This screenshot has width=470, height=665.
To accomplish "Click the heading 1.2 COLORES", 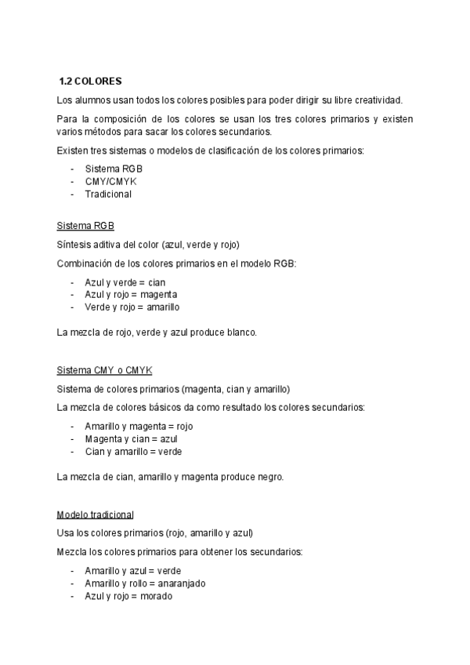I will point(90,81).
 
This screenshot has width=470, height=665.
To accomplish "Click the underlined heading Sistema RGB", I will point(85,226).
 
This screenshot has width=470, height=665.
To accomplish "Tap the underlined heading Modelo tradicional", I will point(95,514).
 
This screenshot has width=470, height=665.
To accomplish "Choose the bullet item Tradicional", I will point(108,194).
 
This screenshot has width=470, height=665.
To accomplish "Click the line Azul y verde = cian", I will point(125,282).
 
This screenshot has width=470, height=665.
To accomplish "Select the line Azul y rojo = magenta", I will point(130,295).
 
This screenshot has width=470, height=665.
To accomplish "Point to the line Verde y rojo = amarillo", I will point(132,307).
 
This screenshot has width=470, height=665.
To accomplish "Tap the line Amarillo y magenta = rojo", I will point(139,427).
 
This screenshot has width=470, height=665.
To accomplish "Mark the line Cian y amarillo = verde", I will point(133,452).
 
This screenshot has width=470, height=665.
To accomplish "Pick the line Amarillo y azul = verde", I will point(132,571).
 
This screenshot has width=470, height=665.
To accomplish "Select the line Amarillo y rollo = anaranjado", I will point(145,583).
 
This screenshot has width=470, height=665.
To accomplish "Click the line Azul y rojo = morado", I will point(128,596).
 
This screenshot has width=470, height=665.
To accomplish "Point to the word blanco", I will point(240,332).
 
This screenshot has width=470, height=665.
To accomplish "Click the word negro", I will point(269,477).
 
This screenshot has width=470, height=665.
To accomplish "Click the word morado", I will point(157,596).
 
